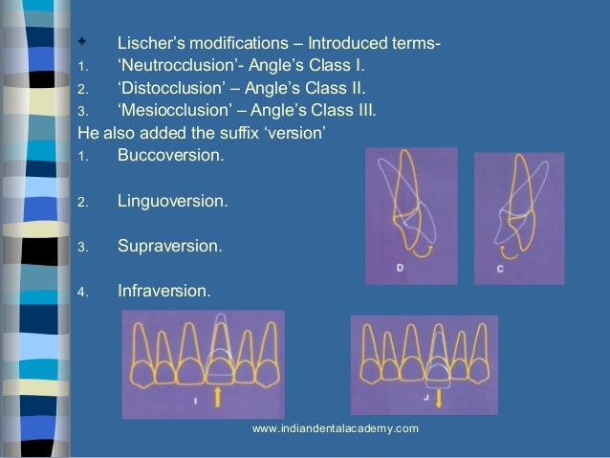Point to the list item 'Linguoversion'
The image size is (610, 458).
(x=172, y=202)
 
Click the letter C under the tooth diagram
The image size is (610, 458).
(x=500, y=269)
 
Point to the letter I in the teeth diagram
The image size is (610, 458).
(x=195, y=401)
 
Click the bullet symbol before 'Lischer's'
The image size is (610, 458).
(x=83, y=43)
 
